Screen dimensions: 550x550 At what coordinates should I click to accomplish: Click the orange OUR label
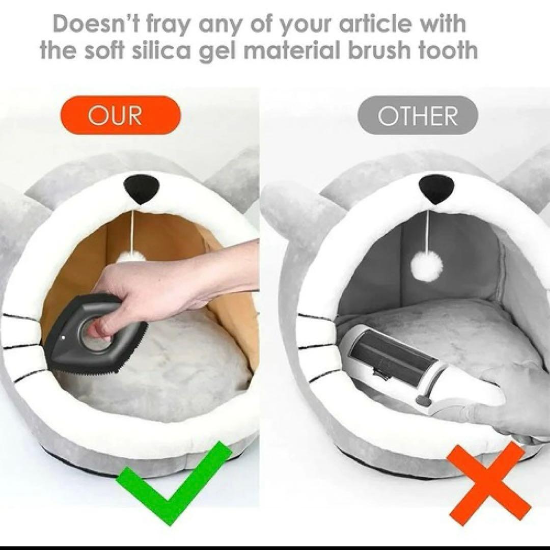[x=121, y=116]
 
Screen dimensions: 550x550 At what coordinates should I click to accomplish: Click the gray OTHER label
[x=418, y=116]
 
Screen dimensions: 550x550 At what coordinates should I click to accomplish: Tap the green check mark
[x=174, y=483]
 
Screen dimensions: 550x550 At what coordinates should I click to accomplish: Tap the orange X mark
[x=490, y=481]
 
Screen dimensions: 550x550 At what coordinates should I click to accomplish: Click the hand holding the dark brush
[x=169, y=291]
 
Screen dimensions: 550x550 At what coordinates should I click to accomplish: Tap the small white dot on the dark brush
[x=63, y=338]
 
